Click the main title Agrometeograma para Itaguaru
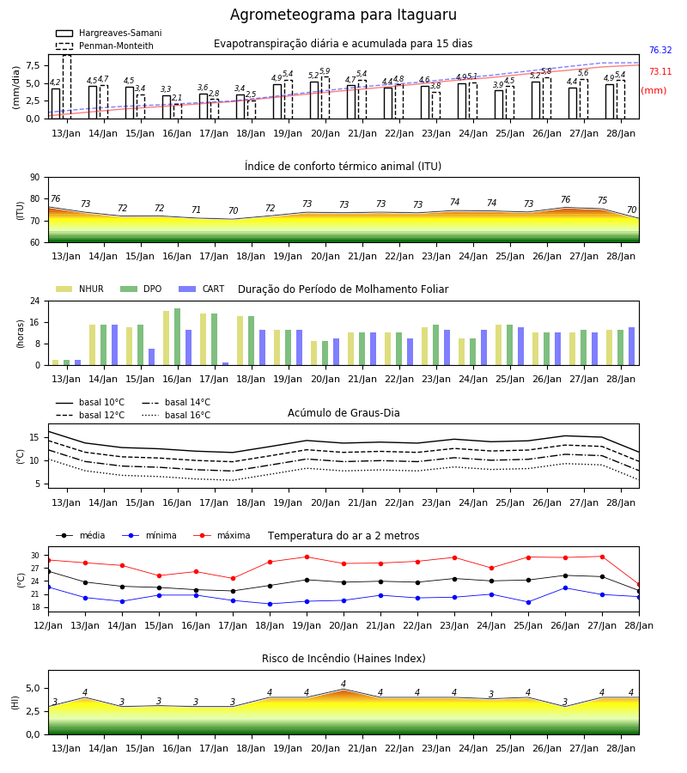point(343,15)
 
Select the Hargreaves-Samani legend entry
point(108,33)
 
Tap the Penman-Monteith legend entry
point(105,46)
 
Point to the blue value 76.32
point(660,51)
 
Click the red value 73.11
point(660,71)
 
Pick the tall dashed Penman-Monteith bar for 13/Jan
point(67,87)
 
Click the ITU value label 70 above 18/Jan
point(233,210)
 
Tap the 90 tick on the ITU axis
point(34,178)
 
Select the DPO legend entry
point(141,289)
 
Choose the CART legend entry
point(202,289)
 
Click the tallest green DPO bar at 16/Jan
point(178,337)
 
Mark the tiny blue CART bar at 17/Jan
point(225,364)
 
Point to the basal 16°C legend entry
point(176,415)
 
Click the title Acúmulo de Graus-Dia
point(343,413)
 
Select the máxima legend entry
point(222,535)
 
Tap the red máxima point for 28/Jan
point(639,585)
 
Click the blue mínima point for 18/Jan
point(270,604)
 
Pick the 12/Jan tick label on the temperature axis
point(48,625)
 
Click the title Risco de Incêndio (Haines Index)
point(343,659)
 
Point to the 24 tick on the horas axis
point(34,301)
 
